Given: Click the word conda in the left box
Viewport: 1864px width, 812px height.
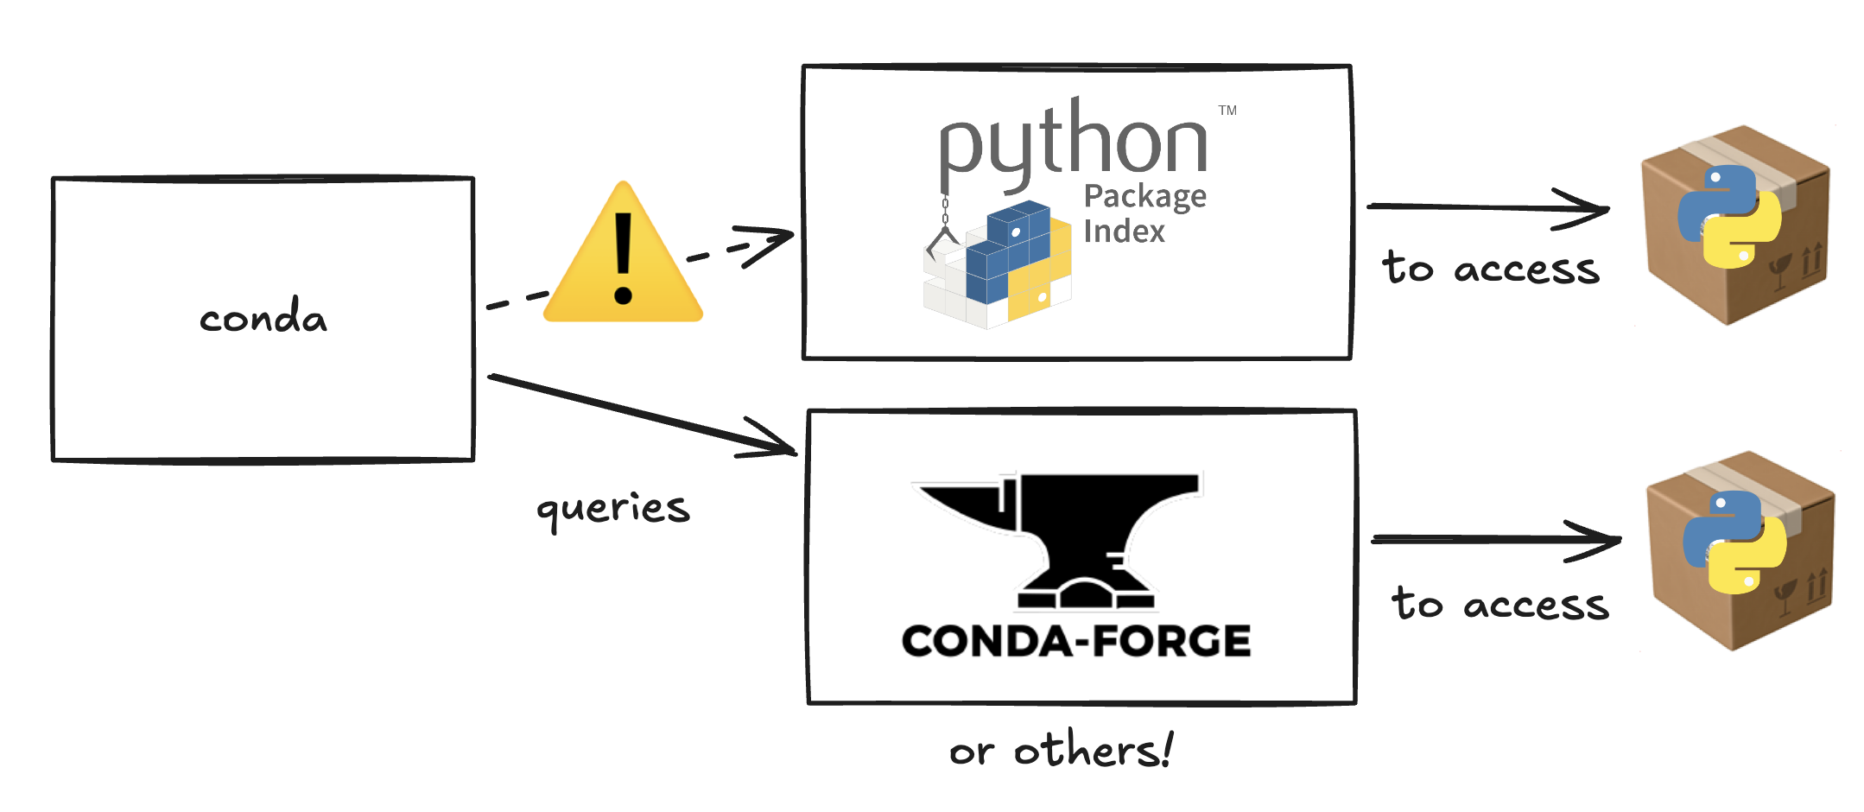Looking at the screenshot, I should [263, 317].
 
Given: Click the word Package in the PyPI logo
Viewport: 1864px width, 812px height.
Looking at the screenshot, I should [1144, 197].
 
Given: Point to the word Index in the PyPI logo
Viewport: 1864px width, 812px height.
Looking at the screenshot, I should [1124, 232].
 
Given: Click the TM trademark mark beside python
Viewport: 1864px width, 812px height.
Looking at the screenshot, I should [1227, 111].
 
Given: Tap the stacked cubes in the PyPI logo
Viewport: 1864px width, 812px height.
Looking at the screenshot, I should [1002, 268].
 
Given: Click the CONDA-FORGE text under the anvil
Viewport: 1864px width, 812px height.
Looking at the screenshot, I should [1076, 642].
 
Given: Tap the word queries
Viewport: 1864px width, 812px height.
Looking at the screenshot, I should [613, 508].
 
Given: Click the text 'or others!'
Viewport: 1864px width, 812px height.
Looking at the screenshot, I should [1062, 750].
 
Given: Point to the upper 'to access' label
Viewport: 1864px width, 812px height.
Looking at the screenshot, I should [1491, 268].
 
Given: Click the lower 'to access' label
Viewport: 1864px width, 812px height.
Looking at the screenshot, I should [1500, 604].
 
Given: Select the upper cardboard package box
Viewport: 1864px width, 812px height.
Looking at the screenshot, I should [1735, 224].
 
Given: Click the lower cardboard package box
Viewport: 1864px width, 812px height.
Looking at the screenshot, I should [1740, 550].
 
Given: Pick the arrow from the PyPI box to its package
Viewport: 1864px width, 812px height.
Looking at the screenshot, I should [1486, 207].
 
